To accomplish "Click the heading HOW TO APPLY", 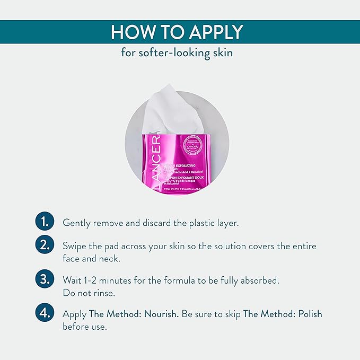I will click(180, 32).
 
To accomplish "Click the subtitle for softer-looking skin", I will click(180, 54).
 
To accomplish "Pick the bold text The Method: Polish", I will click(282, 314).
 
